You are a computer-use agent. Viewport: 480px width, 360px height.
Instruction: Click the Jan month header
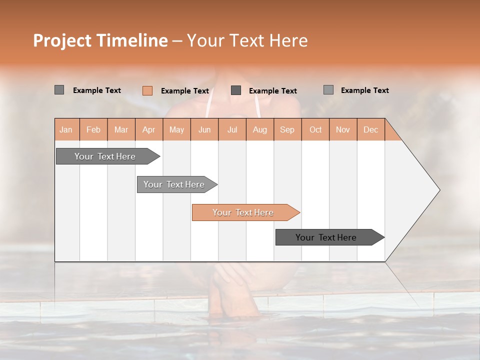point(66,129)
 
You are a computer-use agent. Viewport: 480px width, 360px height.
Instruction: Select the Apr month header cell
point(149,129)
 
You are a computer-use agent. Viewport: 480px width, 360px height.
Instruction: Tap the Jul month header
point(232,129)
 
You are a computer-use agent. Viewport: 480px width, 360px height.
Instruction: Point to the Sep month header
point(287,129)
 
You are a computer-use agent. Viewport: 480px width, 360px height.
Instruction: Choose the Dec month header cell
point(370,129)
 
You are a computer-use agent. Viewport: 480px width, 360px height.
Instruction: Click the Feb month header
point(93,129)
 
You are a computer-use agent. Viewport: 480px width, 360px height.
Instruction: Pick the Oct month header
point(315,129)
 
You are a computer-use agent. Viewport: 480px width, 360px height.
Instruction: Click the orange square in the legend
point(147,90)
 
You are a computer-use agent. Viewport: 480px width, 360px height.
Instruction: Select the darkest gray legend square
point(236,90)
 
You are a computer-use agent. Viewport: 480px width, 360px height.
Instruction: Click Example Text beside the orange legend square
point(184,91)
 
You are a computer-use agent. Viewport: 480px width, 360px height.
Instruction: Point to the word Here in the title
point(288,40)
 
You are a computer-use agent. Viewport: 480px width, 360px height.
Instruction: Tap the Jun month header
point(204,129)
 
